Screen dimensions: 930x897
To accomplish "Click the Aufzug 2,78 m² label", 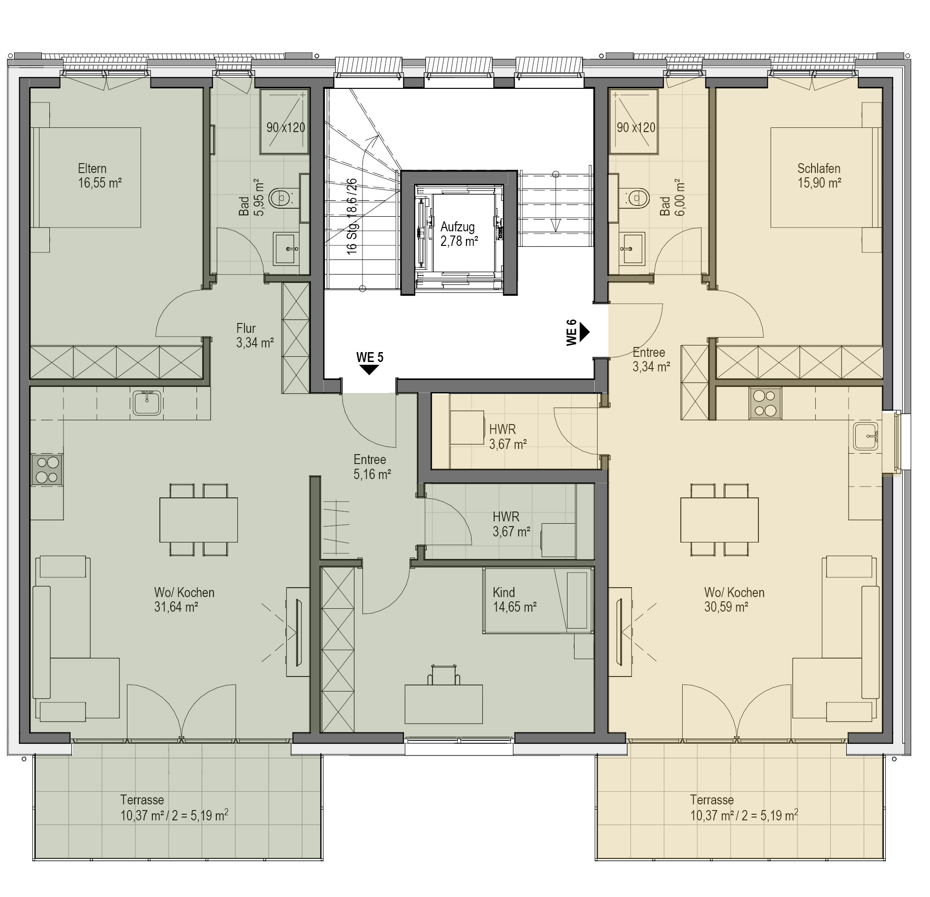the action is coord(459,234).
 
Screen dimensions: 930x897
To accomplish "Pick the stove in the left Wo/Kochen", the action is coord(47,470).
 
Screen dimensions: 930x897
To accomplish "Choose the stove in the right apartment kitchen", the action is coord(765,403).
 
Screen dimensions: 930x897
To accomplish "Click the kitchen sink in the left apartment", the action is coord(147,402).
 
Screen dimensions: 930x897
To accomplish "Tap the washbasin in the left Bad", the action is coord(286,248).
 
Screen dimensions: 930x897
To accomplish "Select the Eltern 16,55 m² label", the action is coord(100,175).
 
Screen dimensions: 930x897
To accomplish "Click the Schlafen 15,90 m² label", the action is coord(820,175).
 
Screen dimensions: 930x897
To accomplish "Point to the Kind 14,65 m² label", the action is coord(515,599).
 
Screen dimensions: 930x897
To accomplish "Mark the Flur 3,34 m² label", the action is coord(255,335).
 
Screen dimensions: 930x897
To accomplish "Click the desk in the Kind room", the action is coord(444,703).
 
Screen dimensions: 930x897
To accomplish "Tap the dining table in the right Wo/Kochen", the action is coord(719,519).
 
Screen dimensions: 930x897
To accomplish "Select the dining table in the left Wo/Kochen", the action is coord(198,519).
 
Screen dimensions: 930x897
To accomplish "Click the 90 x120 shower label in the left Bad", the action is coord(286,127).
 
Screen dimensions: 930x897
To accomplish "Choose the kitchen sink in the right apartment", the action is coord(866,436).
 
